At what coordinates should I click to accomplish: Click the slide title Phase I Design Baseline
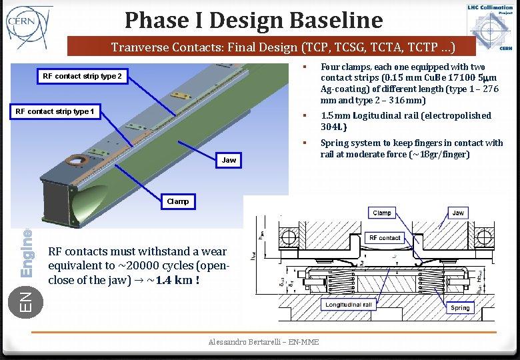pos(253,20)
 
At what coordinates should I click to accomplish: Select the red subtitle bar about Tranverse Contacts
pos(272,47)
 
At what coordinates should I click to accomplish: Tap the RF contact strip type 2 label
pos(82,76)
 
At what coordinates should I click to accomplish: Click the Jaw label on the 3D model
pos(229,160)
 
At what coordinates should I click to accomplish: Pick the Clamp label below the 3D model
pos(178,201)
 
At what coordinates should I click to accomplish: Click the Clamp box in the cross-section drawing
pos(382,213)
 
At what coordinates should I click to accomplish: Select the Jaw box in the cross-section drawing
pos(458,213)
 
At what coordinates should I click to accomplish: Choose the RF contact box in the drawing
pos(385,237)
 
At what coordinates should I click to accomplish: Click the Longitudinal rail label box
pos(349,305)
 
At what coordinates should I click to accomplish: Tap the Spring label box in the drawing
pos(460,308)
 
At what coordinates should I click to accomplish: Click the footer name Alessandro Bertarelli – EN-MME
pos(263,342)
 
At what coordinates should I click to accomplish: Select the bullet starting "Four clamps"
pos(409,83)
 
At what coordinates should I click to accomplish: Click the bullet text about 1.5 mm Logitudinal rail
pos(405,121)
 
